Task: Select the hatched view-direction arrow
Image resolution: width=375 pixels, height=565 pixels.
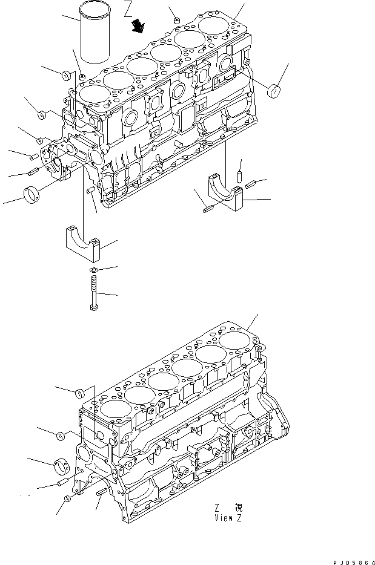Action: [139, 25]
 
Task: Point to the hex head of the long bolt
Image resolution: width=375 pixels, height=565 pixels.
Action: [94, 308]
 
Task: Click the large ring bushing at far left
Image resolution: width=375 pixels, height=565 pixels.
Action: [32, 195]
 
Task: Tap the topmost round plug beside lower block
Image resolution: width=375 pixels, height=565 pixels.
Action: [79, 394]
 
